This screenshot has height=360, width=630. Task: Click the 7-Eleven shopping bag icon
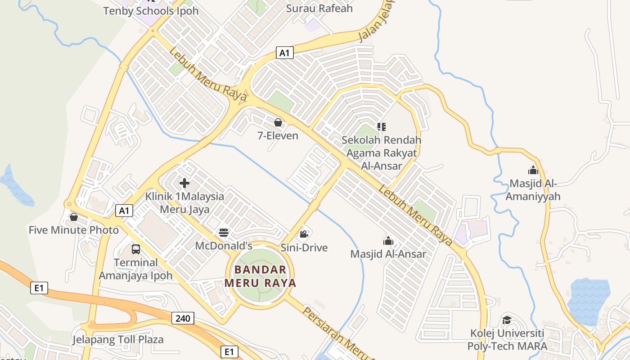point(278,122)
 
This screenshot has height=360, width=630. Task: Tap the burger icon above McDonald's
point(224,233)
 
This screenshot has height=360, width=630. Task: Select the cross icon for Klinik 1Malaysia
point(184,183)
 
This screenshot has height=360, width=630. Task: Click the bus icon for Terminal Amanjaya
point(136,249)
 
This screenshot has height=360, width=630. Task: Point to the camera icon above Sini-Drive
point(304,234)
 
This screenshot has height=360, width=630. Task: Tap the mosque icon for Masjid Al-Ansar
point(388,241)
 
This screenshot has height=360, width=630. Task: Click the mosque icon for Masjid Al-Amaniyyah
point(533,170)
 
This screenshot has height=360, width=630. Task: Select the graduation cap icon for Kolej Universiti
point(507,320)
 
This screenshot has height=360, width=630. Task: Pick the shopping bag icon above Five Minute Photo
point(74,217)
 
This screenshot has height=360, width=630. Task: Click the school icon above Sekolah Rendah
point(382,127)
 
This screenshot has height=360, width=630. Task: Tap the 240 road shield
point(183,319)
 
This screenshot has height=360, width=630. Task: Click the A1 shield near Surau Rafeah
point(284,53)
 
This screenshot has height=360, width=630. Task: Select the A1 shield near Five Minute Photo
point(125,210)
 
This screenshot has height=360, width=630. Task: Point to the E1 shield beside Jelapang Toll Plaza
point(229,351)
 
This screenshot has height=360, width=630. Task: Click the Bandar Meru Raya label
point(261,276)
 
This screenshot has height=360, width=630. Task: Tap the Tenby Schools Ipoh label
point(151,11)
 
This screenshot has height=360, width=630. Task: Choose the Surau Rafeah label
point(319,8)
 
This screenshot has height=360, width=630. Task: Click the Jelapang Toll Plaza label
point(118,339)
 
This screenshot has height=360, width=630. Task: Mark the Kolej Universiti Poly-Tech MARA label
point(507,340)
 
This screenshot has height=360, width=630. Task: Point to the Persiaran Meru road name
point(337,333)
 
